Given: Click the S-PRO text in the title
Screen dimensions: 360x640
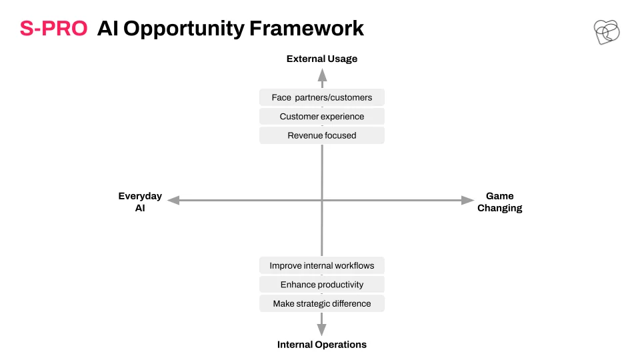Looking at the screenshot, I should [53, 29].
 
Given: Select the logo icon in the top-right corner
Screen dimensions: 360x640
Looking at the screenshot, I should [606, 31].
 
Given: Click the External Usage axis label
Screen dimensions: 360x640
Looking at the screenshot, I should [322, 59].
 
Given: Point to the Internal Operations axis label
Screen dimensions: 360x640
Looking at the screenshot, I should [322, 345].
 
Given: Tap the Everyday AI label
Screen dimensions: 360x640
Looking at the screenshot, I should [140, 202].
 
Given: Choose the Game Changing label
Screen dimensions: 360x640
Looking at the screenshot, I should [499, 202].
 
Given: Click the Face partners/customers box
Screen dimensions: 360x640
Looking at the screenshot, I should [322, 97].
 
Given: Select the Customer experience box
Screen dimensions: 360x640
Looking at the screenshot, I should [322, 117].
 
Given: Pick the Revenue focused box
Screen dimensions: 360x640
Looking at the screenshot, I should [322, 135].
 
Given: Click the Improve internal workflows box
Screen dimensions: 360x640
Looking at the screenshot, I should [322, 266].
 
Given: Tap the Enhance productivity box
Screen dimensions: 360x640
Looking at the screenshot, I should [322, 285].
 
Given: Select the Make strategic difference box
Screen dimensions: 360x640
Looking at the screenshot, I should [322, 303].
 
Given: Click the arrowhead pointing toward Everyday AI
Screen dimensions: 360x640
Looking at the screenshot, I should [173, 200].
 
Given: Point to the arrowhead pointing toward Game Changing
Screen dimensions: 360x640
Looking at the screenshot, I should [468, 200].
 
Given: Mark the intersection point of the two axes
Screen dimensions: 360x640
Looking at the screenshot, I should [322, 200].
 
